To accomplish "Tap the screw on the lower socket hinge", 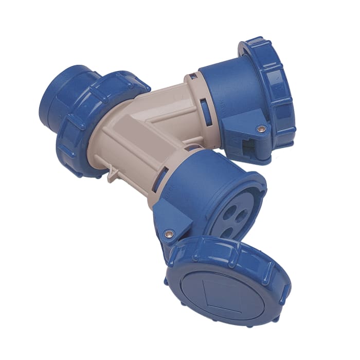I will [x=168, y=234].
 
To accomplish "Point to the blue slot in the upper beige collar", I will [x=205, y=110].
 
